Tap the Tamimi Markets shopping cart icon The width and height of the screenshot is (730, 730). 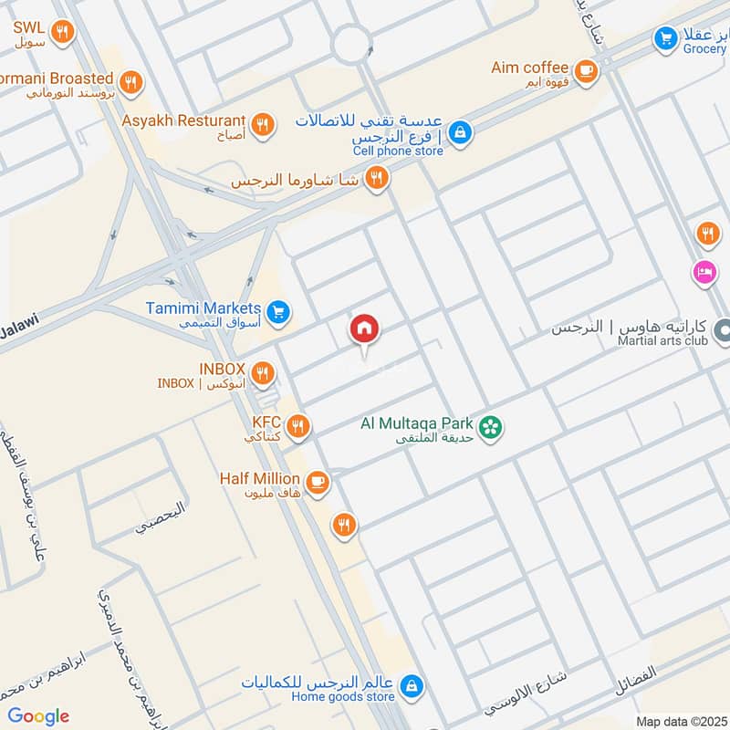[x=279, y=311]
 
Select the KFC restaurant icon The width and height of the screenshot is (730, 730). [x=297, y=426]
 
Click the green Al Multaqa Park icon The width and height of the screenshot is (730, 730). [x=491, y=426]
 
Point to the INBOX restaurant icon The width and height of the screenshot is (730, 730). [x=262, y=371]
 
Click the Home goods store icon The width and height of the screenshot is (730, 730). [x=412, y=684]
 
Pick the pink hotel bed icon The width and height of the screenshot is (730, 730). [x=704, y=272]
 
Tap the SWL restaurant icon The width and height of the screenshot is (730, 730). [x=62, y=33]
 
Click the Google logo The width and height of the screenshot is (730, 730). [x=37, y=716]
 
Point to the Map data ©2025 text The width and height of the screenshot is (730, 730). [x=680, y=721]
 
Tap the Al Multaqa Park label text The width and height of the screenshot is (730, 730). [x=417, y=423]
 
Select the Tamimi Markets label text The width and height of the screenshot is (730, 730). [x=203, y=308]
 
